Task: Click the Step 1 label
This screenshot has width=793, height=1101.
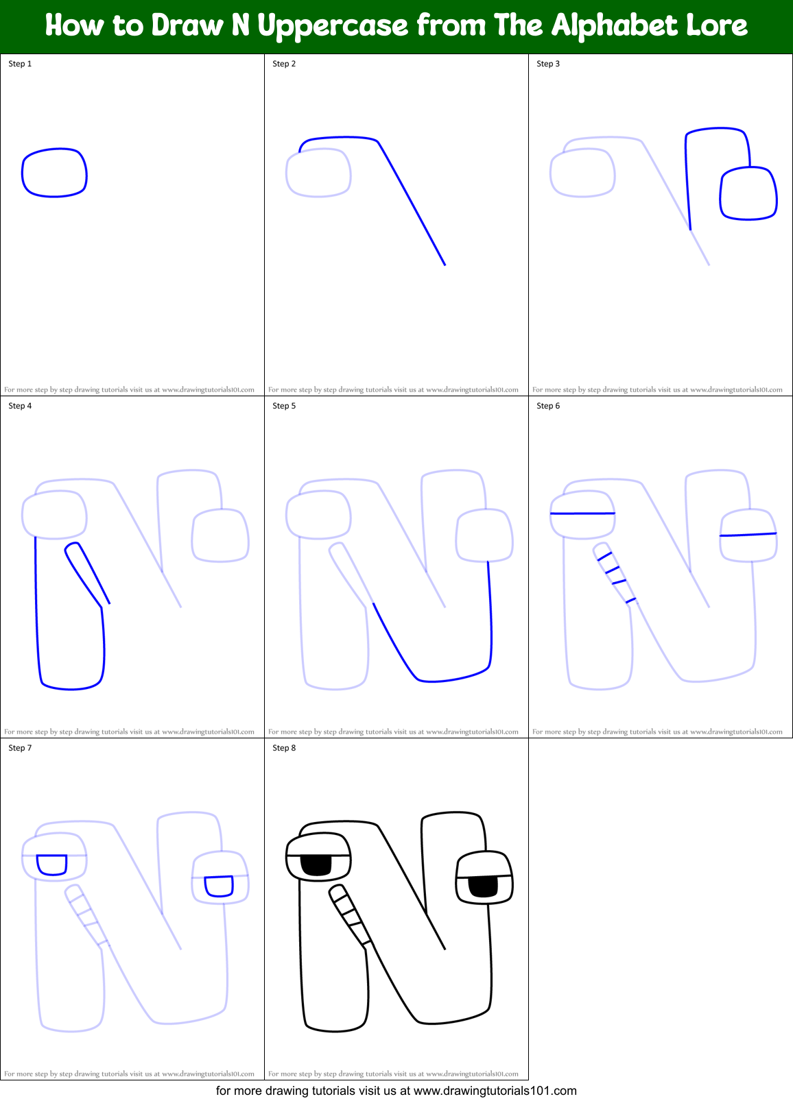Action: [20, 64]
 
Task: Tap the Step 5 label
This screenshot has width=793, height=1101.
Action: [284, 406]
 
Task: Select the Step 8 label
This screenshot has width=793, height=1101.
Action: [284, 748]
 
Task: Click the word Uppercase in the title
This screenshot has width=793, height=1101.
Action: [333, 26]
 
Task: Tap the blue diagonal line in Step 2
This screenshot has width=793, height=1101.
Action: [412, 202]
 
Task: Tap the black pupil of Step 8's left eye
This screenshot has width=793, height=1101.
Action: [316, 865]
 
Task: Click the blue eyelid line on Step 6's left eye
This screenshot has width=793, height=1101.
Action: [582, 513]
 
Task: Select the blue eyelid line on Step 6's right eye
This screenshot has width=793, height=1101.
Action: [748, 535]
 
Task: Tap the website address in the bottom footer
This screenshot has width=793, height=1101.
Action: [495, 1091]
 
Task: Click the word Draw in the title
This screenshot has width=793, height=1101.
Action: [187, 26]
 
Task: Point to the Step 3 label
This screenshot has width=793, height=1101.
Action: [548, 64]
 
